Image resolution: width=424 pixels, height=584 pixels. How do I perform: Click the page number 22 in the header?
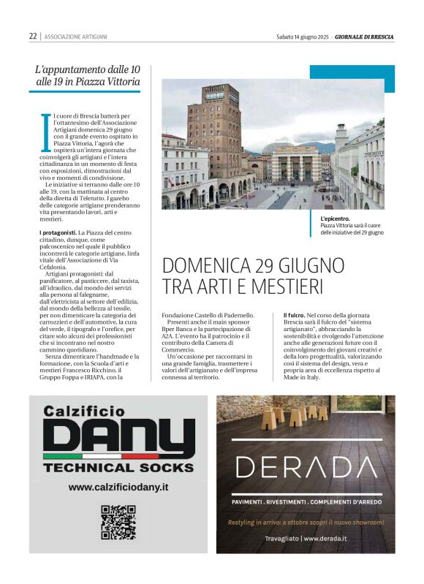(x=33, y=36)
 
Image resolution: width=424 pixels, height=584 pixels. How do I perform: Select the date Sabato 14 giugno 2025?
(x=303, y=36)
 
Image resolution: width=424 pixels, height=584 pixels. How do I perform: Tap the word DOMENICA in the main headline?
(x=207, y=265)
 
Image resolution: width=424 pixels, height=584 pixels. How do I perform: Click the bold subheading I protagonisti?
(x=58, y=232)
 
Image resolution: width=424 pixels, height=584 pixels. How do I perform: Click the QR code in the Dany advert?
(x=118, y=522)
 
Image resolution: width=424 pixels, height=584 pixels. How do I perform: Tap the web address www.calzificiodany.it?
(x=118, y=487)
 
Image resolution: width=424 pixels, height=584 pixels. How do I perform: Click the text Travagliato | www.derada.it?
(x=306, y=539)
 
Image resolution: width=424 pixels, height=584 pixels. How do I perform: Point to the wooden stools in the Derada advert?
(x=300, y=415)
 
